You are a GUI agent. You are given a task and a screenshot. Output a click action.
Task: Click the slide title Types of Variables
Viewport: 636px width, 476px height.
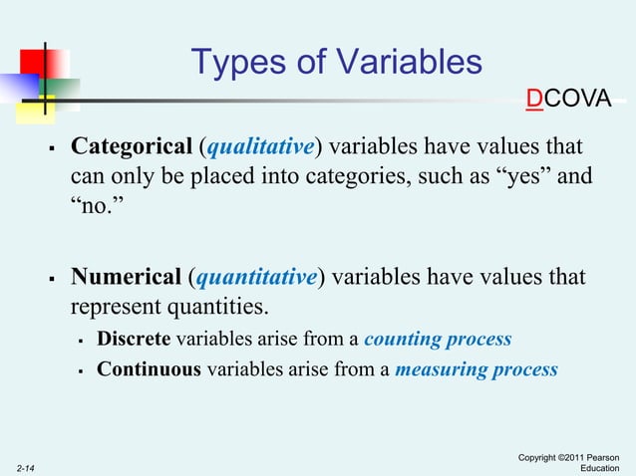point(337,63)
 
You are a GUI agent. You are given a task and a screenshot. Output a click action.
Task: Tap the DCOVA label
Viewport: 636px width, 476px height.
point(569,101)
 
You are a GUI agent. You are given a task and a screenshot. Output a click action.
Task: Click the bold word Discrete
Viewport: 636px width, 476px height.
point(134,339)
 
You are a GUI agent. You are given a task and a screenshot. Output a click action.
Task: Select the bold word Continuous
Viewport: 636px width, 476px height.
point(149,369)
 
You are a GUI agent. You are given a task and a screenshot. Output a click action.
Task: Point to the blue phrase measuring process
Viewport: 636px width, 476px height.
point(477,369)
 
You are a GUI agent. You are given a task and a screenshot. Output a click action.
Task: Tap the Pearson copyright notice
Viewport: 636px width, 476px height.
point(575,461)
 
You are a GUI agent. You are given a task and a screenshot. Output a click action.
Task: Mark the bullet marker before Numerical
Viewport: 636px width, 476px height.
point(51,278)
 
